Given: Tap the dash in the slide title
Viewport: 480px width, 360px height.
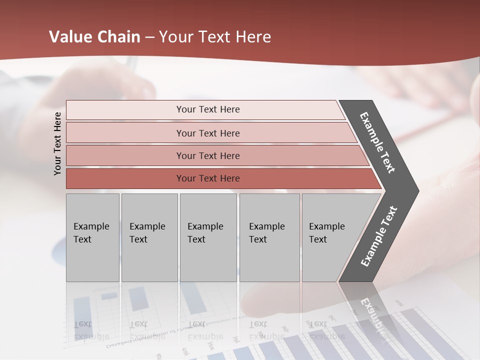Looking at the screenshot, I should click(x=149, y=37).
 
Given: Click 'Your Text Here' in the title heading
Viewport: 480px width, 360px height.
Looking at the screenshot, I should click(x=214, y=37).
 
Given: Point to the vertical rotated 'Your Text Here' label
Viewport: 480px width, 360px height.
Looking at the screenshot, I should click(x=57, y=143).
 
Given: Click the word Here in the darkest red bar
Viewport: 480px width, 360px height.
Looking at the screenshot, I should click(x=229, y=178).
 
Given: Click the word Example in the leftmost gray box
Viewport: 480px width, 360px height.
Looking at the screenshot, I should click(x=91, y=226).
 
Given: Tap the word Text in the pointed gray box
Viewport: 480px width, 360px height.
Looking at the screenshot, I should click(x=317, y=239).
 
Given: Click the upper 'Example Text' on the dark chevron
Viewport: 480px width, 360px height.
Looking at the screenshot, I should click(x=377, y=142).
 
